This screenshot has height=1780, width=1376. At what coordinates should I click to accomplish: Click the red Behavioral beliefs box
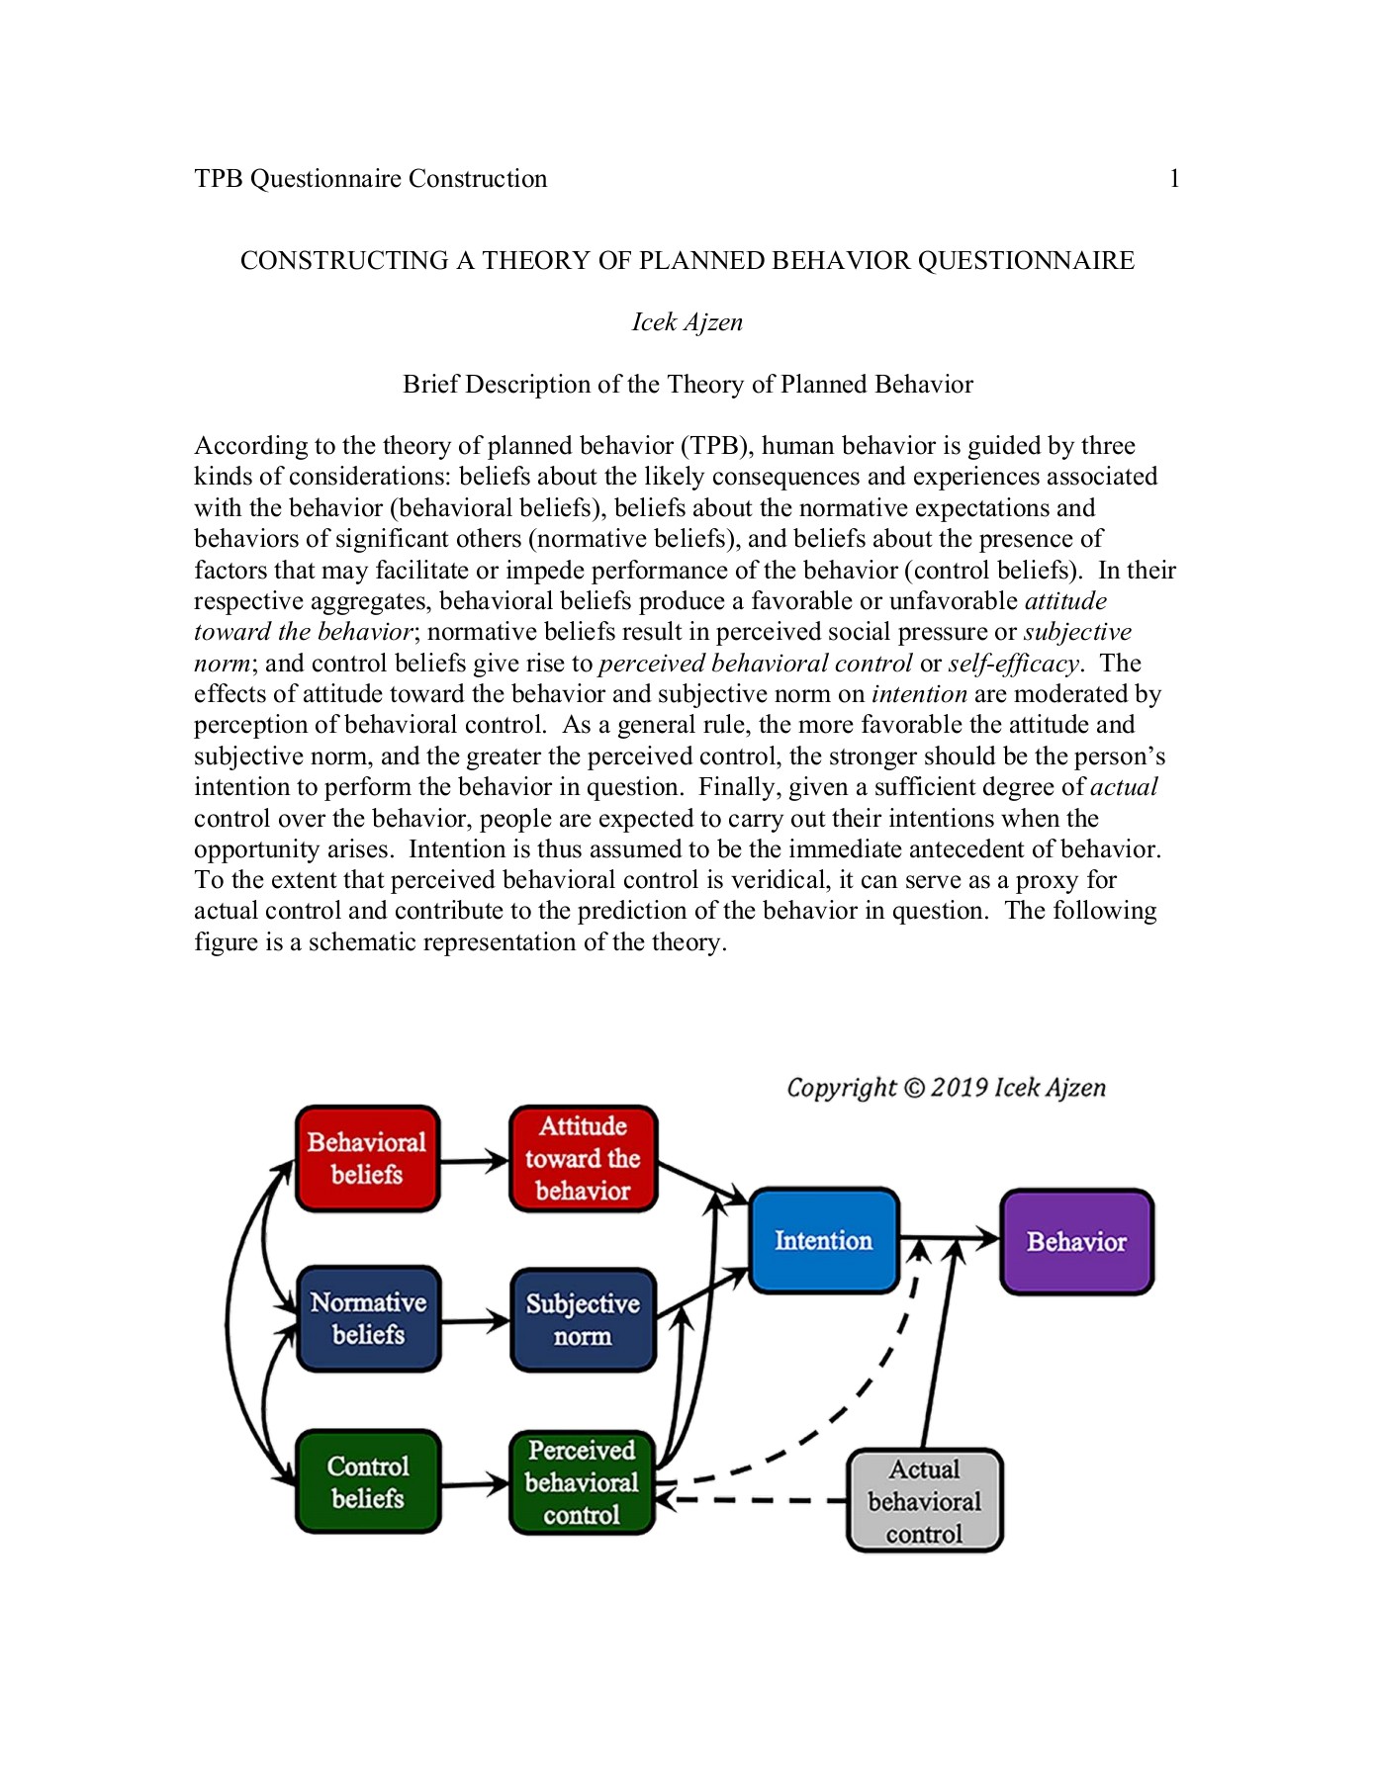[x=367, y=1158]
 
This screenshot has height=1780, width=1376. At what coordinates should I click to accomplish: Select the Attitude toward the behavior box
[x=583, y=1158]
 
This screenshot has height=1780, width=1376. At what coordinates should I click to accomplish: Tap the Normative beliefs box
[x=368, y=1318]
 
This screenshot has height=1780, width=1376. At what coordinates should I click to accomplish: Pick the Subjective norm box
[x=583, y=1320]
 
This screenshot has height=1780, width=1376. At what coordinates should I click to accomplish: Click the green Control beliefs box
[x=368, y=1481]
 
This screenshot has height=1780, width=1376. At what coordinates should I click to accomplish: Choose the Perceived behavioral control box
[x=582, y=1482]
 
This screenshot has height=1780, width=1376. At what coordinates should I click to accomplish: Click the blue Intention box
[x=823, y=1240]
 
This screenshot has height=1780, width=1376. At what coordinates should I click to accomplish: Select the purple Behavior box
[x=1076, y=1241]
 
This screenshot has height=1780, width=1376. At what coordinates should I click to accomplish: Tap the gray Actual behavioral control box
[x=924, y=1501]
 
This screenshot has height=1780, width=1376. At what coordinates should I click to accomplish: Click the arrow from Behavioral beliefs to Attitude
[x=474, y=1161]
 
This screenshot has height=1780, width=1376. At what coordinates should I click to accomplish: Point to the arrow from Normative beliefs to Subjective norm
[x=475, y=1320]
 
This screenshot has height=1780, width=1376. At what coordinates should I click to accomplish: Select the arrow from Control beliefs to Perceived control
[x=475, y=1483]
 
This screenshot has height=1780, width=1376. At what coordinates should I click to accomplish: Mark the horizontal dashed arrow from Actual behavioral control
[x=752, y=1500]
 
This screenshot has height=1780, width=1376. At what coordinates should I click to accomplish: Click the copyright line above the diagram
[x=946, y=1088]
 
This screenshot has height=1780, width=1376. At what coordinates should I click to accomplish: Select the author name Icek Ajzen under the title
[x=688, y=322]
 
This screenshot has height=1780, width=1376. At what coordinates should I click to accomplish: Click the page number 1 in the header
[x=1174, y=179]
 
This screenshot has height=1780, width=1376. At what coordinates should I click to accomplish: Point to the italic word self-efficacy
[x=1013, y=664]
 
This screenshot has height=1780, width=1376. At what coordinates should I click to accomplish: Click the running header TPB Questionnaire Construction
[x=371, y=179]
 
